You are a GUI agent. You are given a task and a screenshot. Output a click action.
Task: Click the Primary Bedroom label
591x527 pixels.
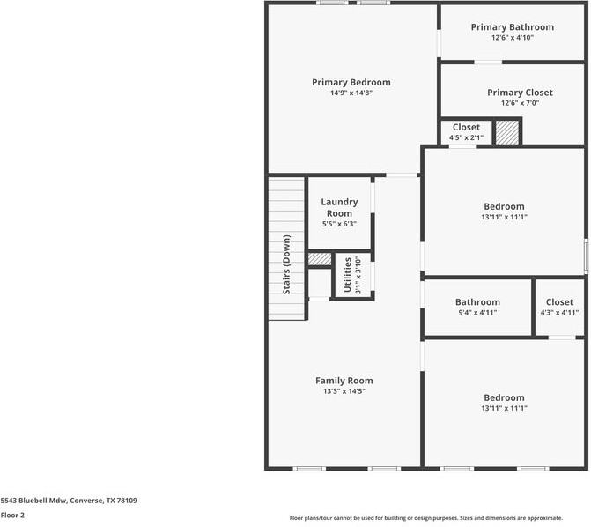[x=351, y=82]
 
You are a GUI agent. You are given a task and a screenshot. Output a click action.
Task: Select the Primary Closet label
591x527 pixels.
[x=520, y=93]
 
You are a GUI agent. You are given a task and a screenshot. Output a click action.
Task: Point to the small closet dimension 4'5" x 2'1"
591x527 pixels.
[x=466, y=137]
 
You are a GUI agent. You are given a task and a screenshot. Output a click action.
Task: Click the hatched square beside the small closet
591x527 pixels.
[x=506, y=132]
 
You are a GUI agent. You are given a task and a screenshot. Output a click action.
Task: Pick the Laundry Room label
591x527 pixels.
[x=339, y=207]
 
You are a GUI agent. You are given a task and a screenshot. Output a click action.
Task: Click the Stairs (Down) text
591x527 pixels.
[x=286, y=264]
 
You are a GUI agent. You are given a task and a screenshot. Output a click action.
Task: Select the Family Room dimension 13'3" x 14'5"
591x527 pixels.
[x=344, y=391]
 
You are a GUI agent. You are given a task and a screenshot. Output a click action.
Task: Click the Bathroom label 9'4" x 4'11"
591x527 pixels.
[x=476, y=301]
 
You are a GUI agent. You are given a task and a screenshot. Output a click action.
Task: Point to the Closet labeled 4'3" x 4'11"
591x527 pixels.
[x=559, y=301]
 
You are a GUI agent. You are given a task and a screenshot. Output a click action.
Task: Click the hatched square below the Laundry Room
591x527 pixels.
[x=319, y=259]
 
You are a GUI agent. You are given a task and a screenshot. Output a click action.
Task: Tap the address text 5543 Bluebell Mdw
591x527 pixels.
[x=69, y=500]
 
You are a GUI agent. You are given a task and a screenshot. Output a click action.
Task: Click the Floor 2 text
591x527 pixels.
[x=12, y=515]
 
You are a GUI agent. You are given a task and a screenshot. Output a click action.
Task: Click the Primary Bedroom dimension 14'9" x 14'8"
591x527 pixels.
[x=351, y=93]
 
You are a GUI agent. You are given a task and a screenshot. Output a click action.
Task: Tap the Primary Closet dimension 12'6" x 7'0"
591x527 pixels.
[x=520, y=103]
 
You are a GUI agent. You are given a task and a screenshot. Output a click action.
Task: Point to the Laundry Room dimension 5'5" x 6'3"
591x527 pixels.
[x=339, y=224]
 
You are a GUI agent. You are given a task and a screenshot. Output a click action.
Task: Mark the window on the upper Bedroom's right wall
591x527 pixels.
[x=586, y=256]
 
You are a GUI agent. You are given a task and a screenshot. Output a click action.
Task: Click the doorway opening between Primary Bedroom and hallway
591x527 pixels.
[x=403, y=175]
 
